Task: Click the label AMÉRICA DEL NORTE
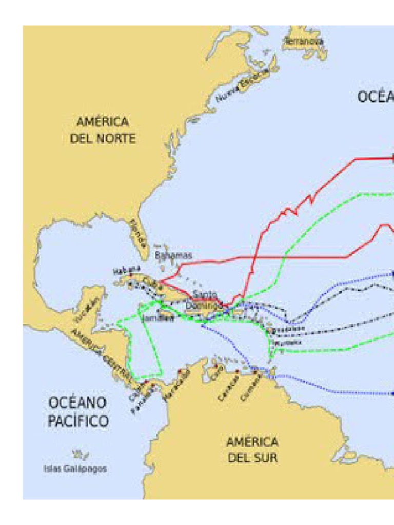(103, 130)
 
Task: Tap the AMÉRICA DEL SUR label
(252, 450)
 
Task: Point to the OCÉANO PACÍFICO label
(78, 412)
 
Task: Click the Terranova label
(304, 41)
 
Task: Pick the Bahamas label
(173, 255)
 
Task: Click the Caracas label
(229, 388)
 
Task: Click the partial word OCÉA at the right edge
(376, 96)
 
